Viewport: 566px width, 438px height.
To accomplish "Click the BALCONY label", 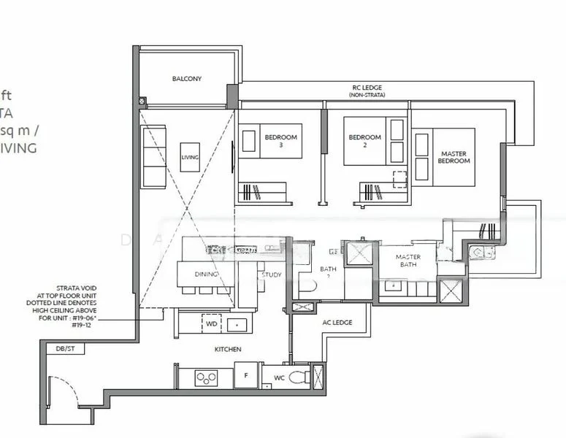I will point(187,79).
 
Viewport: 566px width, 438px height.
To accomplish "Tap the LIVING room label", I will point(189,157).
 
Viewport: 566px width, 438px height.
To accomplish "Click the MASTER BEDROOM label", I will point(453,157).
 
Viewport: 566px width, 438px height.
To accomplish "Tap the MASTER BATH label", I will point(408,261).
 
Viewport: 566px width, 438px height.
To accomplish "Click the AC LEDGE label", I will point(337,322).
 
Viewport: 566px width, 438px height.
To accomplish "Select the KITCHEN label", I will point(227,350).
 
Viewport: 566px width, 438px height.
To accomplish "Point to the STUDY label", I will point(271,275).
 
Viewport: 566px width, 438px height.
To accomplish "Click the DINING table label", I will point(205,274).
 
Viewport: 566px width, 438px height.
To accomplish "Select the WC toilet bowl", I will point(297,377).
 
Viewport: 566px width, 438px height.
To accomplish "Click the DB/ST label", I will point(65,350).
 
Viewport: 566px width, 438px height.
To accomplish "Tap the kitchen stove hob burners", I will point(205,377).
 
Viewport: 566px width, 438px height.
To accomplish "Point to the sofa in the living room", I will point(153,156).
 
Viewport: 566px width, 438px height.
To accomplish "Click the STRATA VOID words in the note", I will point(76,288).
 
